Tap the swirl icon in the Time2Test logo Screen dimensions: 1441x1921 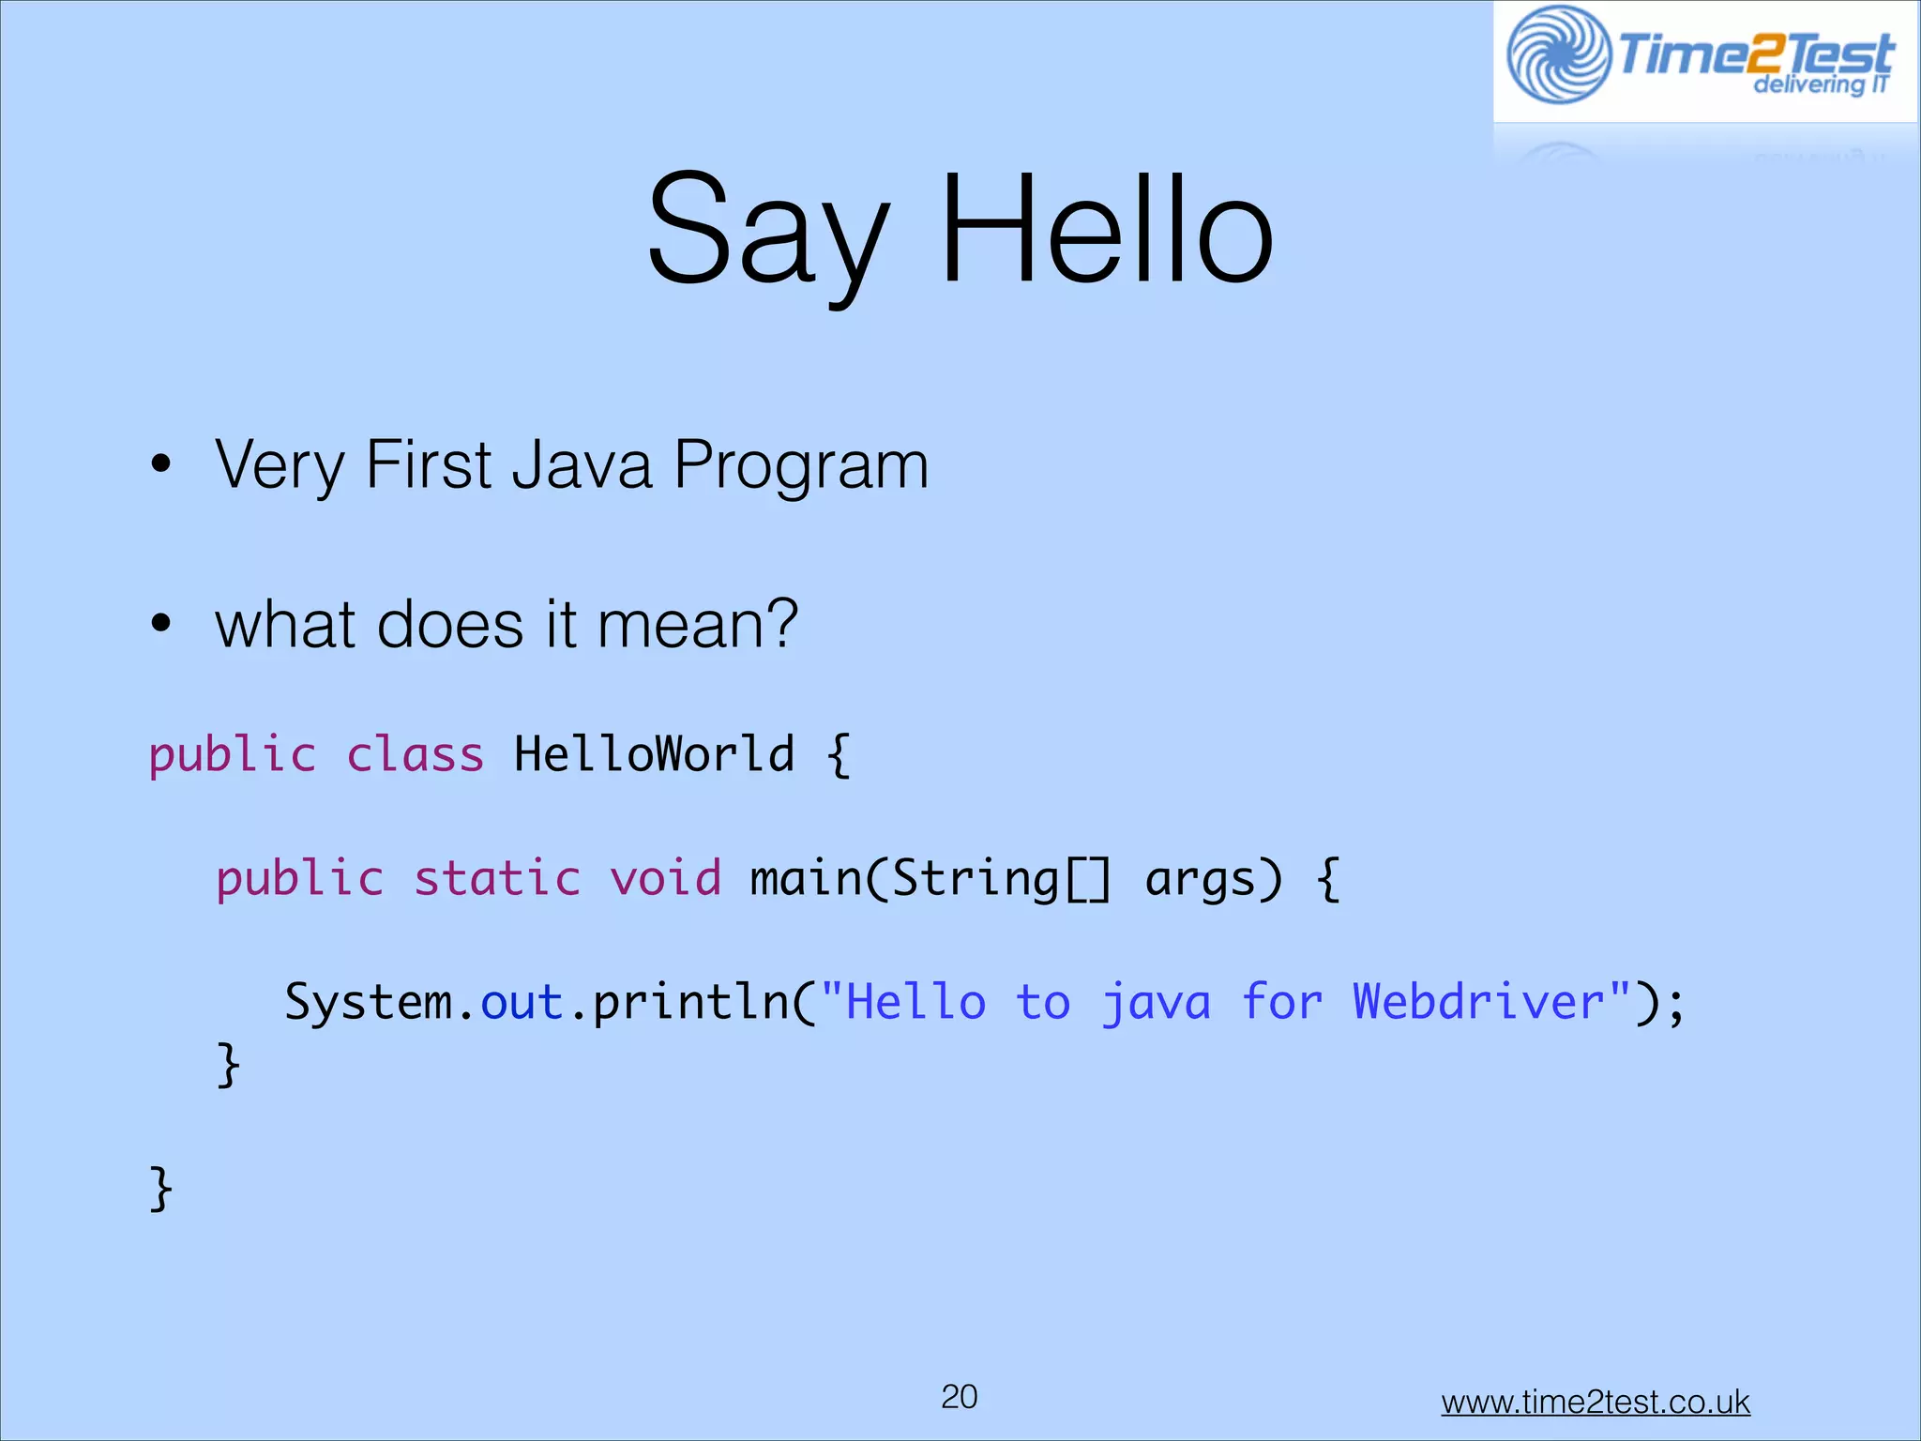(x=1558, y=54)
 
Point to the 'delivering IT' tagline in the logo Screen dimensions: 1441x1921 (x=1820, y=85)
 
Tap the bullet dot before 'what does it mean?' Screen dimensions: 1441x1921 (x=161, y=623)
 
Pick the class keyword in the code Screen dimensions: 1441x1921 (x=415, y=755)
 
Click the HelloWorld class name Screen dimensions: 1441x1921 (x=654, y=754)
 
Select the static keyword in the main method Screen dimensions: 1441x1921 (x=497, y=879)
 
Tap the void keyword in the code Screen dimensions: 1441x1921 (x=665, y=879)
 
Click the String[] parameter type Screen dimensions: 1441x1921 (x=1000, y=879)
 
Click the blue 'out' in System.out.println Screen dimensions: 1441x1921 (x=522, y=1002)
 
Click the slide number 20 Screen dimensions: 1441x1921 (x=959, y=1397)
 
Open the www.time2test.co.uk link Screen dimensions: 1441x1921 (x=1595, y=1403)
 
